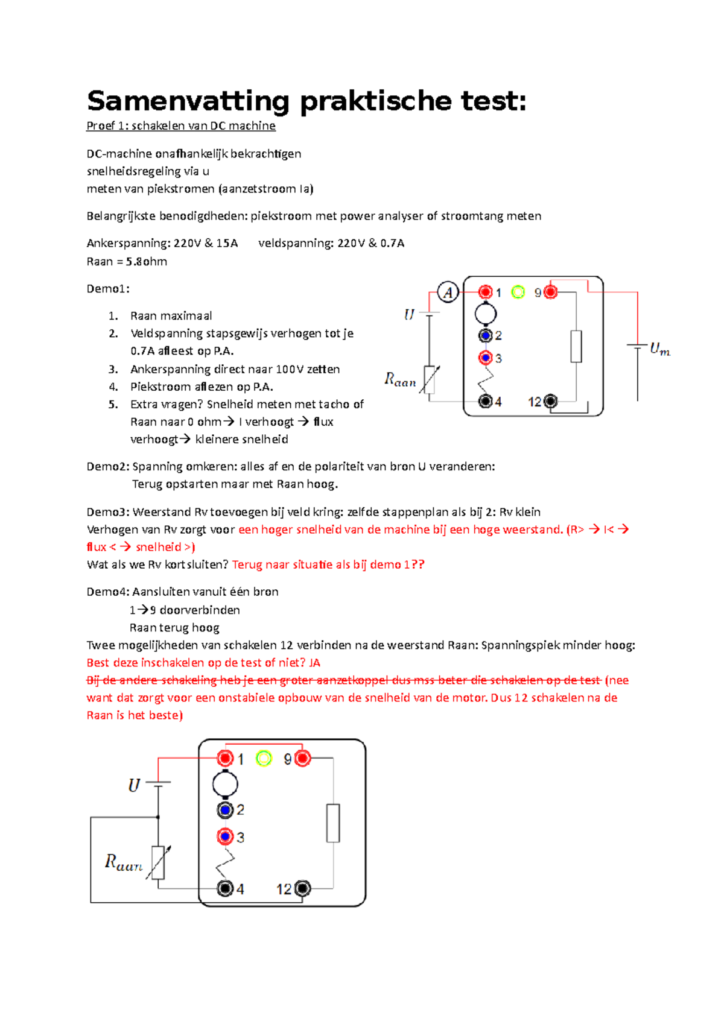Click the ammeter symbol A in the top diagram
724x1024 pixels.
tap(448, 292)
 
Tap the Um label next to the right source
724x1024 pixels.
tap(659, 349)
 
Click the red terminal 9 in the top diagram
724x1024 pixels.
tap(550, 292)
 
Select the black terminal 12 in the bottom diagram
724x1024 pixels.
tap(302, 888)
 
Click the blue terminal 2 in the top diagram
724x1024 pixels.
tap(486, 335)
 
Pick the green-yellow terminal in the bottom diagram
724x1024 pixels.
tap(264, 759)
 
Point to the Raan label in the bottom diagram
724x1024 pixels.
tap(124, 863)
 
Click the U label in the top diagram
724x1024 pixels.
tap(409, 314)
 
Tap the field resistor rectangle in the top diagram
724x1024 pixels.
tap(576, 346)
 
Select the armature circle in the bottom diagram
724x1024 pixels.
tap(225, 784)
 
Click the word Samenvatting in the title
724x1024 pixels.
tap(188, 101)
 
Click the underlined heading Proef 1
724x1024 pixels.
tap(181, 125)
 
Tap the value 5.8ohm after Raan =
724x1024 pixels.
tap(147, 261)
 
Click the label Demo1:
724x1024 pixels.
tap(108, 288)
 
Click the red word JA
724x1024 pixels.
tap(314, 662)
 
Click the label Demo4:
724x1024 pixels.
tap(108, 592)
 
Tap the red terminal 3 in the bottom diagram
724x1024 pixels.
tap(225, 837)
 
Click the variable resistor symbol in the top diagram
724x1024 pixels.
tap(429, 379)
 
